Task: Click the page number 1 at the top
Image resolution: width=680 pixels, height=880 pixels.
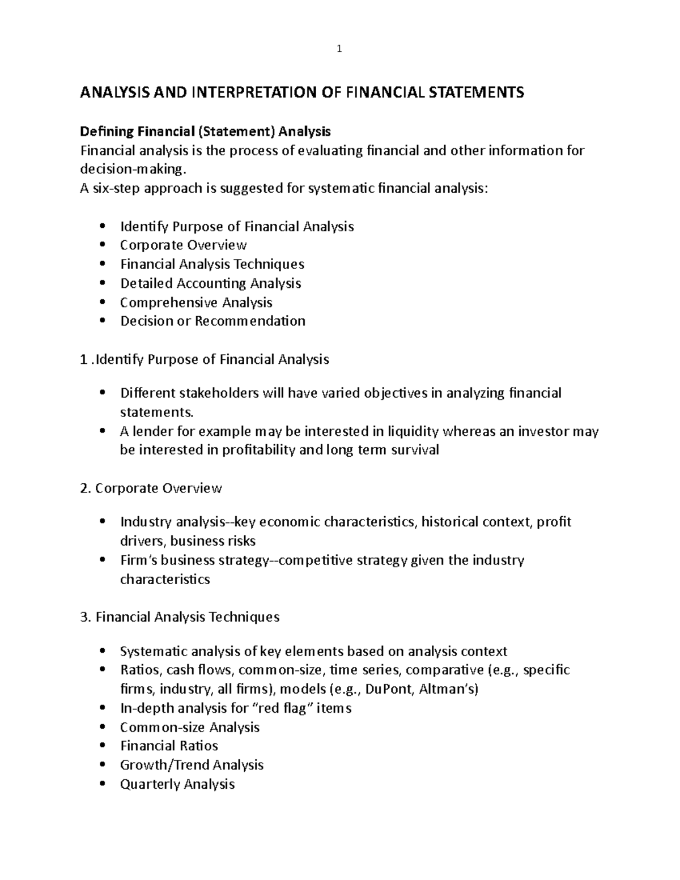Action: [339, 49]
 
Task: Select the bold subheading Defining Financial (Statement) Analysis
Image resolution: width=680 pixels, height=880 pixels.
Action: [205, 132]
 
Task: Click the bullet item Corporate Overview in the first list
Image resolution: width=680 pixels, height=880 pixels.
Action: [183, 245]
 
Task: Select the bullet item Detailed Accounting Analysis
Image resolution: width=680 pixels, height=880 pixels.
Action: [210, 283]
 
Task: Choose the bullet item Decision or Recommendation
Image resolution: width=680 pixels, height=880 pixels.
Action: [212, 321]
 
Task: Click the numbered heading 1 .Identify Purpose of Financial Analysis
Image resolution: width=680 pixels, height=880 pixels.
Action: [205, 360]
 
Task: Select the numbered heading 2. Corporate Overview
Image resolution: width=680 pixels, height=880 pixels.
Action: [151, 488]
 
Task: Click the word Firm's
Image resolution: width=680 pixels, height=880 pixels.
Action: [139, 560]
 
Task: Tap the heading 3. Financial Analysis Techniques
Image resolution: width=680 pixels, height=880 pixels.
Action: [180, 617]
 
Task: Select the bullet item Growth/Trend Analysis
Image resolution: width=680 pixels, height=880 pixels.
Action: [192, 765]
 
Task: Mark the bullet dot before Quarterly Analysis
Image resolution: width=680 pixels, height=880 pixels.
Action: [102, 784]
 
